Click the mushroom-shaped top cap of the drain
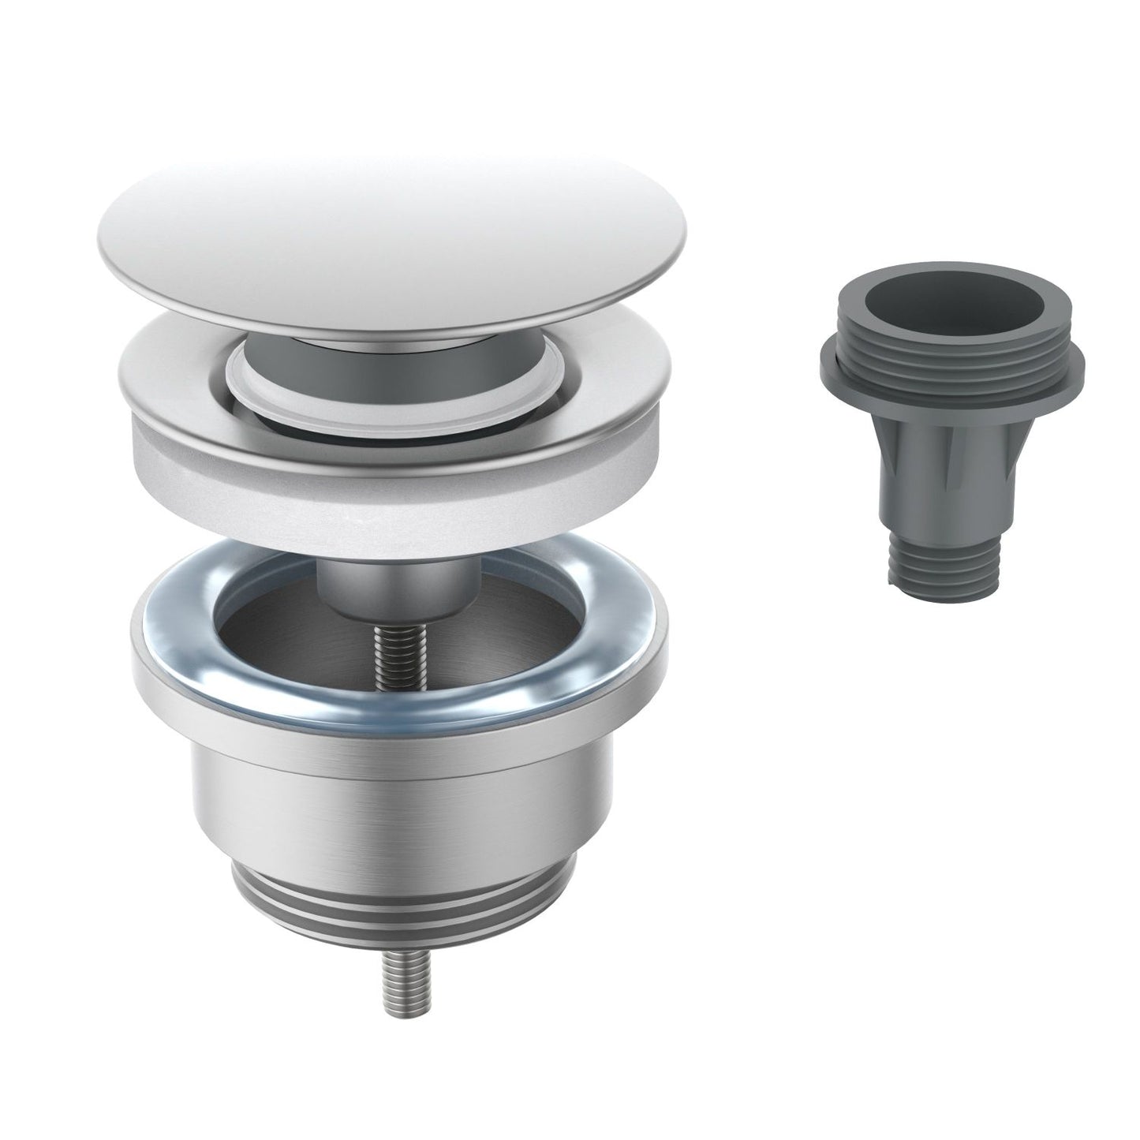click(x=394, y=237)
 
